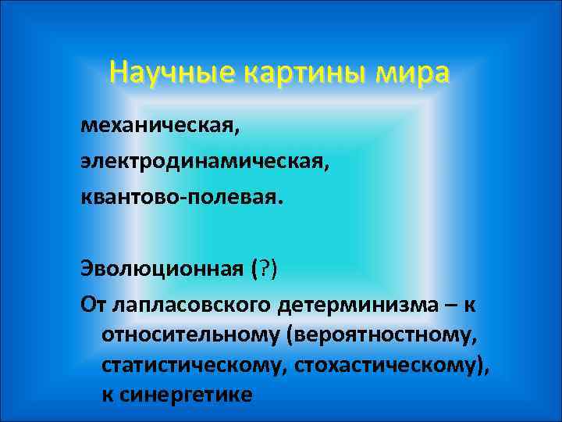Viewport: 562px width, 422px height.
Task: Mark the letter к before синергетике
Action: click(x=106, y=395)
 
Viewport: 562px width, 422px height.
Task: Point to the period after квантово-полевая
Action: click(x=273, y=200)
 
